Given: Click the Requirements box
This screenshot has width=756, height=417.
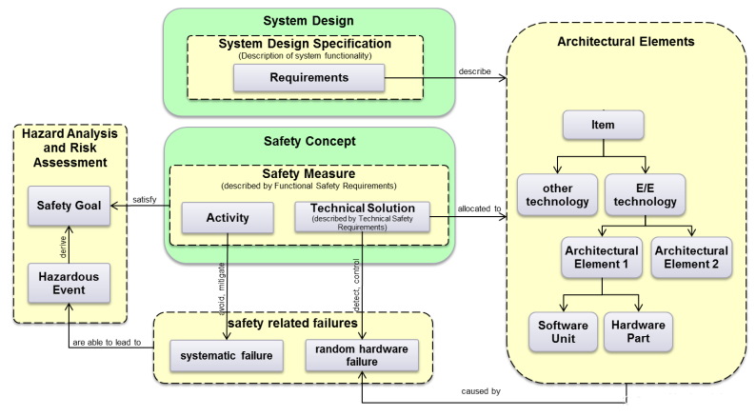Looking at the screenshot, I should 308,78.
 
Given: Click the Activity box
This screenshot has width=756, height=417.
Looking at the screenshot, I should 227,218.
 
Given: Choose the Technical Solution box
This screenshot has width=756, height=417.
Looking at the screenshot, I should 361,216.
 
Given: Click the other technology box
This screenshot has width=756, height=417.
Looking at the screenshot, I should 556,194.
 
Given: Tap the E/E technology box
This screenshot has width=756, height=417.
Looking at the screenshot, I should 647,194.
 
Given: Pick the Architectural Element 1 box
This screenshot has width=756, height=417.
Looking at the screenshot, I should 602,257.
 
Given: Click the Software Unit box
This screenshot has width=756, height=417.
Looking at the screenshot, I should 561,332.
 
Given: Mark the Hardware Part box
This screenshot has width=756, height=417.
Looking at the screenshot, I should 638,332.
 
